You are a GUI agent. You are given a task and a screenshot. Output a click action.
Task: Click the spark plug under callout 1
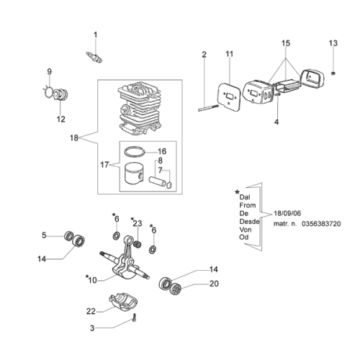pyautogui.click(x=94, y=57)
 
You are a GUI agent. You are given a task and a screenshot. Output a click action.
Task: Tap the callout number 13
pyautogui.click(x=333, y=43)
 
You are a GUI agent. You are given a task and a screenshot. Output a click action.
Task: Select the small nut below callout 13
pyautogui.click(x=333, y=73)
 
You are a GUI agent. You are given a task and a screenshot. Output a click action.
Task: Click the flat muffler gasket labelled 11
pyautogui.click(x=229, y=96)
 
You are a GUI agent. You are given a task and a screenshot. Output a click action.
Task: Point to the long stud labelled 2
pyautogui.click(x=208, y=108)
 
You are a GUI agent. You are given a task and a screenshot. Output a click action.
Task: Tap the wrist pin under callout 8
pyautogui.click(x=157, y=181)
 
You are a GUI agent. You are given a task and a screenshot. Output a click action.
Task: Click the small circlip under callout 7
pyautogui.click(x=169, y=185)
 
